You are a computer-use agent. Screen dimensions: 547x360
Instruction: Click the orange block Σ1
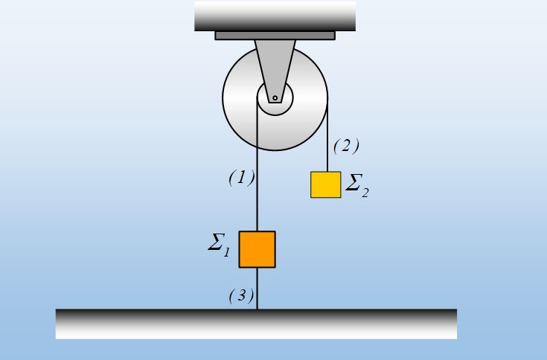coord(257,249)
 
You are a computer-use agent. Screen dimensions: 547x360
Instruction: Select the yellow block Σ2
coord(326,184)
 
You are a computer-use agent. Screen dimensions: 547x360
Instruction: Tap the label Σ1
coord(219,245)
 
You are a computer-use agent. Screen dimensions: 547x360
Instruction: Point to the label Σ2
coord(357,185)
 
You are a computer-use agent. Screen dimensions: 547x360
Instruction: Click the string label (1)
coord(242,178)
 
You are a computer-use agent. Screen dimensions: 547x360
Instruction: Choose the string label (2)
coord(346,146)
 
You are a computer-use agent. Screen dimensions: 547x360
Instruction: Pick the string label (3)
coord(241,296)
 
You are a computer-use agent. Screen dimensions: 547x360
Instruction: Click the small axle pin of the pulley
coord(275,98)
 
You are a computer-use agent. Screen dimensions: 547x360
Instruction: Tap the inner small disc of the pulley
coord(275,97)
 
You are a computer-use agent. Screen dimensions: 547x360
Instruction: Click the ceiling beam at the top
coord(275,16)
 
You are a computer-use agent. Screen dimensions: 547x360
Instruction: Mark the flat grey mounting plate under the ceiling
coord(275,36)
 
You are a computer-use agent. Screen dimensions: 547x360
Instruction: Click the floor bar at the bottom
coord(257,324)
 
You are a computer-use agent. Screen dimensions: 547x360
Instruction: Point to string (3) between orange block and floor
coord(257,289)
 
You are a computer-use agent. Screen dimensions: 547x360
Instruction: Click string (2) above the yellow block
coord(327,135)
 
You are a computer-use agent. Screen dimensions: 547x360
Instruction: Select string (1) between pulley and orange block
coord(257,164)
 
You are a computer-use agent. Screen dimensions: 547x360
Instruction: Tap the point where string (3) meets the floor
coord(257,309)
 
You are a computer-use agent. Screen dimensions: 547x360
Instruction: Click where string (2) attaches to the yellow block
coord(327,172)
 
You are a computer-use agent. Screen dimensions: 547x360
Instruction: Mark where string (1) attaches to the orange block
coord(257,231)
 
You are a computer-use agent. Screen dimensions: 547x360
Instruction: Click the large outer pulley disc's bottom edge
coord(275,150)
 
